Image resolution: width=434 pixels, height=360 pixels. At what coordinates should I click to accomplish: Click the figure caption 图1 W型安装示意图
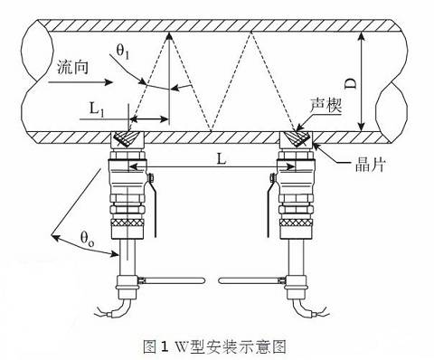[x=219, y=345]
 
